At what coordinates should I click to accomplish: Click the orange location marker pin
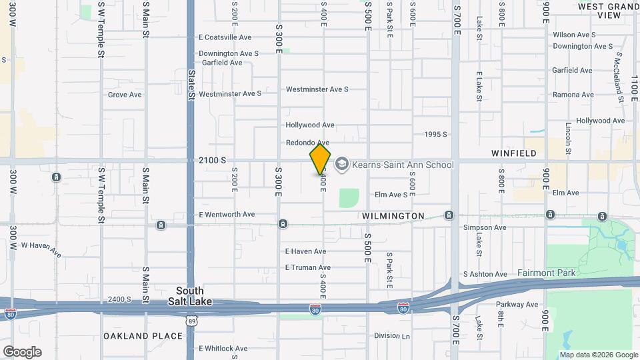[x=320, y=159]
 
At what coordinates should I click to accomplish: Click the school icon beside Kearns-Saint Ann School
[x=342, y=164]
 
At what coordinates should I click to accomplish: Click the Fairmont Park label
[x=546, y=273]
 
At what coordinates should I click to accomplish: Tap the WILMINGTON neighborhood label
[x=393, y=216]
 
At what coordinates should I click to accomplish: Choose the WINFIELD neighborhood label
[x=514, y=153]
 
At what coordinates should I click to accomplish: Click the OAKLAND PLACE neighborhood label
[x=143, y=336]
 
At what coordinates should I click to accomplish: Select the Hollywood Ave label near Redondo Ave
[x=309, y=125]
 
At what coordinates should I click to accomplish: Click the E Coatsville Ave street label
[x=225, y=37]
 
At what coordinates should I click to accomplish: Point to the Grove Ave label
[x=125, y=95]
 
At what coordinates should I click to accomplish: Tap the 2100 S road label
[x=213, y=161]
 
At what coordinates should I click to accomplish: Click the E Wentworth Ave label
[x=227, y=215]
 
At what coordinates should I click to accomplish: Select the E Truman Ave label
[x=305, y=267]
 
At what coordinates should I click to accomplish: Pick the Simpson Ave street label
[x=485, y=227]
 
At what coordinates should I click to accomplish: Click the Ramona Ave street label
[x=573, y=95]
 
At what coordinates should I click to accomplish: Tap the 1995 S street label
[x=435, y=134]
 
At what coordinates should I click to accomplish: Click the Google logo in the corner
[x=22, y=352]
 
